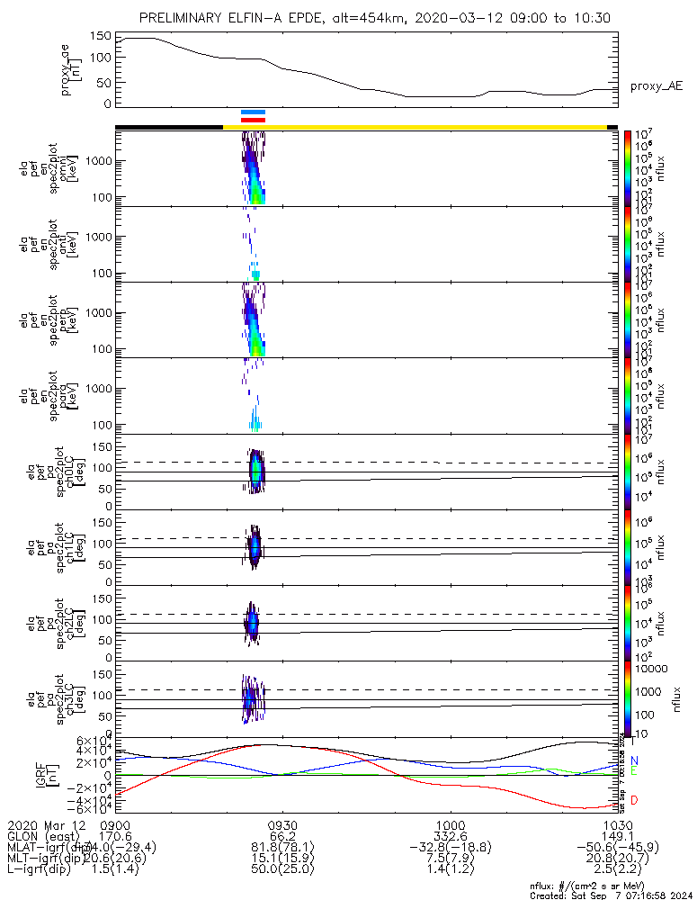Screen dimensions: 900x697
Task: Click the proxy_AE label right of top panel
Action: (656, 86)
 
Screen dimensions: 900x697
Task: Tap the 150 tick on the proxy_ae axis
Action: (100, 36)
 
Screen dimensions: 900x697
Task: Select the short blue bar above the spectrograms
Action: (253, 112)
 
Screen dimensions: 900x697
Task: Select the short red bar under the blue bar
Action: (253, 120)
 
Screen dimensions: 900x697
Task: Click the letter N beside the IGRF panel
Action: (635, 761)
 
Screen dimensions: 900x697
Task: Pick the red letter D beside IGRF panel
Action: (635, 800)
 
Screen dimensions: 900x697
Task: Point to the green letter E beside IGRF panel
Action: (635, 772)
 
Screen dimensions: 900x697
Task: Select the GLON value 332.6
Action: (450, 837)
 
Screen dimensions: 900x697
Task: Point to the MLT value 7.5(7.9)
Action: (450, 860)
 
